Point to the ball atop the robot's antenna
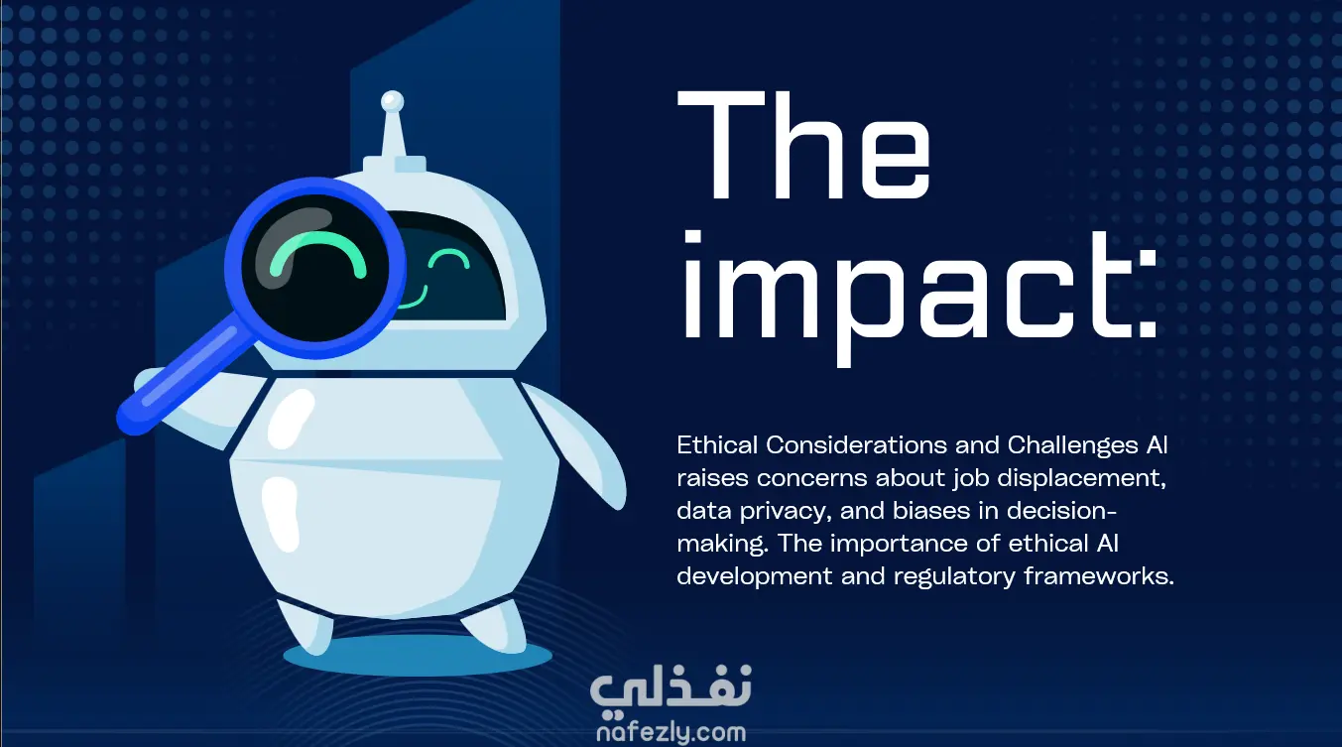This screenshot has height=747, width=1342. (x=393, y=101)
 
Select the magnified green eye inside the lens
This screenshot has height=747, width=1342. (x=317, y=256)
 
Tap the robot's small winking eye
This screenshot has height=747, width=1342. (x=448, y=259)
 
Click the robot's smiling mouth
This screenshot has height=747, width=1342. (x=413, y=299)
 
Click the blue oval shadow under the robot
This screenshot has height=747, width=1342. (x=418, y=656)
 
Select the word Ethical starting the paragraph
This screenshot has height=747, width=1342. (x=717, y=445)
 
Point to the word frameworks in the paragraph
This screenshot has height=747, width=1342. (x=1099, y=576)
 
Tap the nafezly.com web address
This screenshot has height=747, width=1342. (x=671, y=732)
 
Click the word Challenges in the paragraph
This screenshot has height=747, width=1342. (x=1073, y=445)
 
